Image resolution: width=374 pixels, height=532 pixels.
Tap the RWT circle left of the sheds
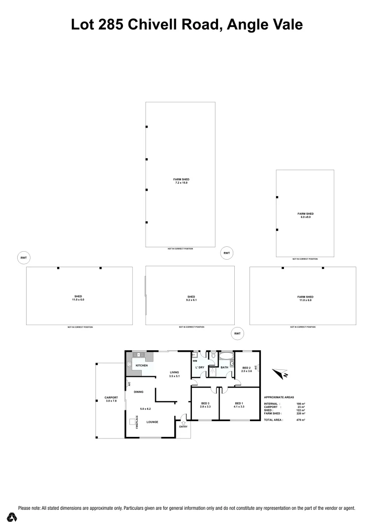coord(23,258)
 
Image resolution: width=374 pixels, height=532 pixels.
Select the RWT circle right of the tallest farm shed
coord(226,253)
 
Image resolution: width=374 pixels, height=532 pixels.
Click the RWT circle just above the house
coord(237,333)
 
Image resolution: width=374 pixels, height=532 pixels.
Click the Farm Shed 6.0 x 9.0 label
coord(305,215)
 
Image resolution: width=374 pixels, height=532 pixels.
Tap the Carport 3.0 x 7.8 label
coord(111,399)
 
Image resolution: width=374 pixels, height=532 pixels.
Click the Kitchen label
coord(142,366)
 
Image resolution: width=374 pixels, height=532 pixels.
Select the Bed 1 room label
coord(239,405)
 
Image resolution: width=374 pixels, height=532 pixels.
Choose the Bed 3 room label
coord(205,405)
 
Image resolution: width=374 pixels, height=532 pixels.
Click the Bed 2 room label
coord(247,369)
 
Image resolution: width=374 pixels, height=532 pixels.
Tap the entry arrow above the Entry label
coord(183,422)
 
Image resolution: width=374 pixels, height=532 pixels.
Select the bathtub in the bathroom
coord(226,356)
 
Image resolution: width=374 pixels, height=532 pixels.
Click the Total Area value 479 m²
coord(301,420)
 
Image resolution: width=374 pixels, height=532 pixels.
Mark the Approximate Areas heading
coord(279,397)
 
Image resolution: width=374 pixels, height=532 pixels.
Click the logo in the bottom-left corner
coord(12,517)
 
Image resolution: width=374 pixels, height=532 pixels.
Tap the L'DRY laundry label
coord(200,368)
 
